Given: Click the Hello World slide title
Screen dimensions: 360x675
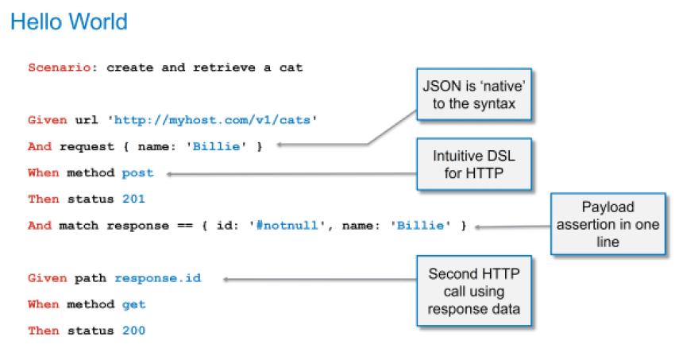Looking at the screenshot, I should (x=69, y=21).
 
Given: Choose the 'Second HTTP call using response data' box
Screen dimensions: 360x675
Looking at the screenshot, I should (x=473, y=291).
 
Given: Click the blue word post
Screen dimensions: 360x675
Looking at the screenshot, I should (x=137, y=172).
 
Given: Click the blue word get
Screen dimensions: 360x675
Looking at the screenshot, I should (x=134, y=304).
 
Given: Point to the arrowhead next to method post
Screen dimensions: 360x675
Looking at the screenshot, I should (x=169, y=172).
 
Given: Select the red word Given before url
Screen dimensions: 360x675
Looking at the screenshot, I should (x=44, y=121).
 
